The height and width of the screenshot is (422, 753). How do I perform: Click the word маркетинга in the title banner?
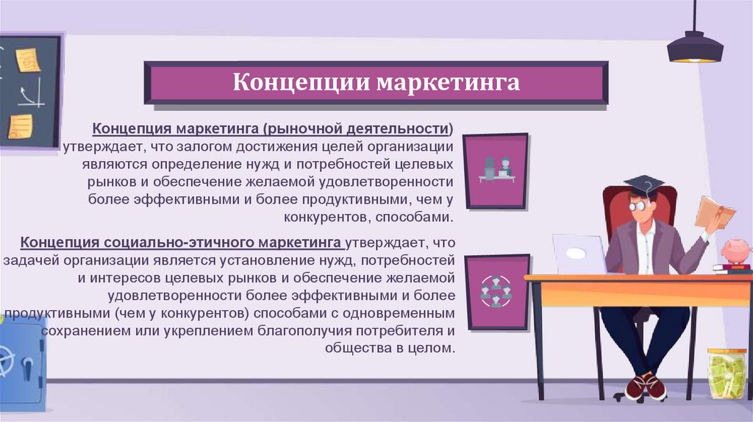click(x=448, y=82)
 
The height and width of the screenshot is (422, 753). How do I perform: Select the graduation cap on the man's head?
click(x=643, y=185)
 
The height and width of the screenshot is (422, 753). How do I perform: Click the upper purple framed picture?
click(x=496, y=171)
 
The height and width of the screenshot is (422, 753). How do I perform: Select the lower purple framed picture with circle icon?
click(x=496, y=291)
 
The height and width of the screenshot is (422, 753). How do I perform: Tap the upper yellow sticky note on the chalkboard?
click(x=28, y=60)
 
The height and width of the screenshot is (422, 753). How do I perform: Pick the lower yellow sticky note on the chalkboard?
click(x=20, y=126)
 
